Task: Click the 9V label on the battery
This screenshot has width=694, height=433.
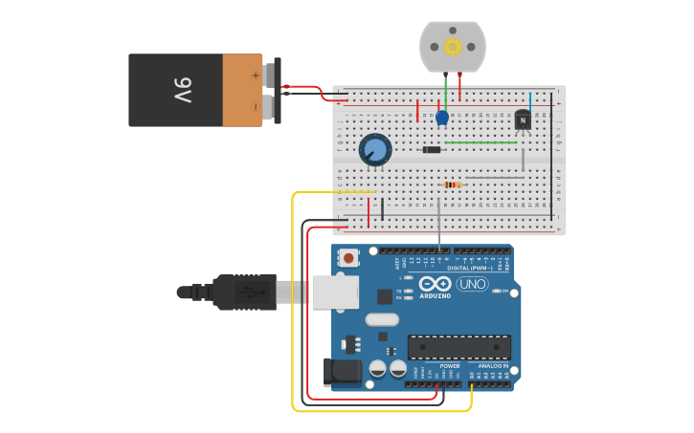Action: tap(183, 90)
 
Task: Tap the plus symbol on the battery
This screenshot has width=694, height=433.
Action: tap(256, 74)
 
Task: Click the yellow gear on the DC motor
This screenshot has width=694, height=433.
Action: tap(452, 46)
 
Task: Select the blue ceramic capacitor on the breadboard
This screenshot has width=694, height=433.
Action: tap(442, 119)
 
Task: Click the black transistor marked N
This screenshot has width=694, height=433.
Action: tap(523, 120)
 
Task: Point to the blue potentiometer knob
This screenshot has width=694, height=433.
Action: tap(375, 150)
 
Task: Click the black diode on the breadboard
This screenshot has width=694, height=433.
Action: tap(433, 149)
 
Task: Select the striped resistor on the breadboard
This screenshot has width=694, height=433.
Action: tap(453, 184)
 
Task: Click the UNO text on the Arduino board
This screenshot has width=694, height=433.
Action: tap(472, 284)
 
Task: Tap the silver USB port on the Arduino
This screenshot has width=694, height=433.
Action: tap(334, 292)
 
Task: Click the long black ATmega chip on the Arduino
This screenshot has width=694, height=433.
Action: tap(459, 347)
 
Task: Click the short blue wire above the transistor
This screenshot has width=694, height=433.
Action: tap(530, 101)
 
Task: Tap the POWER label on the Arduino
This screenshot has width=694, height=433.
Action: tap(450, 366)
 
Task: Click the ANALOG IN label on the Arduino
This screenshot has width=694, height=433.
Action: tap(494, 366)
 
